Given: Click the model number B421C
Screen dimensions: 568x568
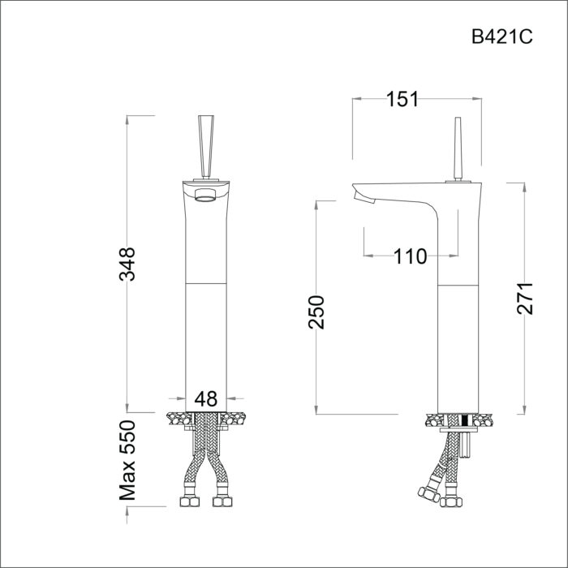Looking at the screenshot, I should click(501, 37).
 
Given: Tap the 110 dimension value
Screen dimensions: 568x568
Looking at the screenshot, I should click(410, 257).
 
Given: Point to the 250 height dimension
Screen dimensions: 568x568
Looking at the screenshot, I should click(316, 312).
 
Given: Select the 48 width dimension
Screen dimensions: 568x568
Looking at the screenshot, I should click(207, 398).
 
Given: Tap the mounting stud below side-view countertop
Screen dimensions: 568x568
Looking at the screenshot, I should click(466, 446).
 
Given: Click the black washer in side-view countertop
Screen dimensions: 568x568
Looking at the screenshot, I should click(465, 420).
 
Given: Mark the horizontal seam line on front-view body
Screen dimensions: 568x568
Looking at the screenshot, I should click(206, 284).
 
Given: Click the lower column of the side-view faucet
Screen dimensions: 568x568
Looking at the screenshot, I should click(460, 349).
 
